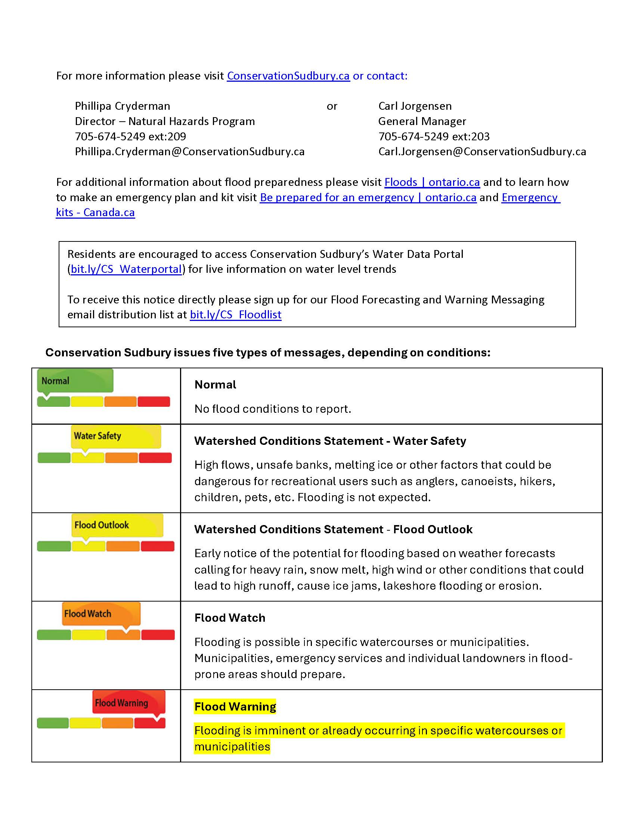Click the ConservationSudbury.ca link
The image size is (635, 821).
click(288, 76)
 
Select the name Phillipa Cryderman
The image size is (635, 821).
click(122, 106)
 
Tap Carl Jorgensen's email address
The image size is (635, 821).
click(482, 152)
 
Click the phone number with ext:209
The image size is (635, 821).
click(130, 137)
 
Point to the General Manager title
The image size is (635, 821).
click(422, 121)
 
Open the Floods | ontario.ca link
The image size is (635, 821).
click(432, 182)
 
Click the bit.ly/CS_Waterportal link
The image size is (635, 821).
click(126, 269)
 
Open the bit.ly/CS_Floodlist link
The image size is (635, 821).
click(235, 315)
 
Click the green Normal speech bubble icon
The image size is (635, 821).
click(75, 380)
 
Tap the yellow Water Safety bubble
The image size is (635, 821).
click(116, 436)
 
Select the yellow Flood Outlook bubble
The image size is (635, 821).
click(117, 525)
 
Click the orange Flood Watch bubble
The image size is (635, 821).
click(101, 614)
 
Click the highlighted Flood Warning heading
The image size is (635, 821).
click(235, 707)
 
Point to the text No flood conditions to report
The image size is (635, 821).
click(273, 409)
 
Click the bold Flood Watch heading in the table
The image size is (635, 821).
click(229, 618)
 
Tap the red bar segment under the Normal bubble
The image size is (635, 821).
click(154, 402)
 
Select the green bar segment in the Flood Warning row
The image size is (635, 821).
click(53, 723)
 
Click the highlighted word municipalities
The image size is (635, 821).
click(232, 747)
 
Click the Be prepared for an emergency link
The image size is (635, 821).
click(368, 198)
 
